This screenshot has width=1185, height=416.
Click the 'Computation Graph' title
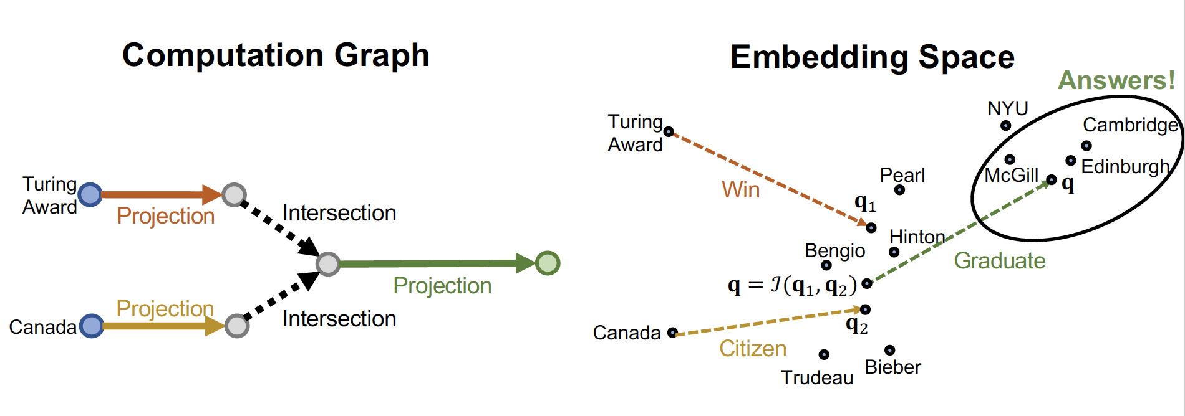click(276, 55)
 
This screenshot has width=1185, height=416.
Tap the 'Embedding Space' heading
click(872, 57)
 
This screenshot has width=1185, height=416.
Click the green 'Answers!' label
click(1116, 80)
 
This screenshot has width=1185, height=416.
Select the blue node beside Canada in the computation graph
click(92, 326)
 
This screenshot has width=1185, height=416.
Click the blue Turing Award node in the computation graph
click(90, 194)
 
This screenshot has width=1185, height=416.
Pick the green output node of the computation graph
click(548, 263)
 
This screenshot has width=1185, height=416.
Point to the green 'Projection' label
click(442, 285)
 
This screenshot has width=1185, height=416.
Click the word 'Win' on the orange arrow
click(741, 189)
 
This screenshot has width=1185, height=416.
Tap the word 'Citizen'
click(753, 349)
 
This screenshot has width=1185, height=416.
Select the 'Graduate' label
click(1000, 260)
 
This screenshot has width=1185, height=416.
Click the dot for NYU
click(1005, 126)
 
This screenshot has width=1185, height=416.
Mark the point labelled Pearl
click(899, 190)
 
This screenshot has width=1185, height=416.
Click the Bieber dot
click(890, 351)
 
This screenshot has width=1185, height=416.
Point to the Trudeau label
click(817, 377)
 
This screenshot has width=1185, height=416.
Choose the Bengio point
click(826, 265)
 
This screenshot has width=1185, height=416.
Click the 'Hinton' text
click(917, 237)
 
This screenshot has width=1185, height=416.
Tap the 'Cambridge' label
click(1130, 125)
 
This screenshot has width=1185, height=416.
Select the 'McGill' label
click(1011, 176)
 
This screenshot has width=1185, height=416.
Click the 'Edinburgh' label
click(1125, 167)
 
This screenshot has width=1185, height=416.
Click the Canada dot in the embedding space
click(672, 333)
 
